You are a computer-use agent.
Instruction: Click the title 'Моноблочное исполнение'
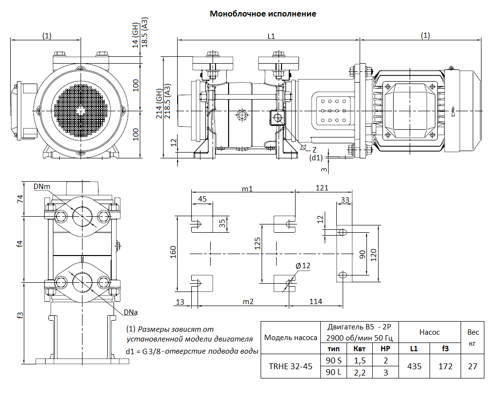pyautogui.click(x=263, y=14)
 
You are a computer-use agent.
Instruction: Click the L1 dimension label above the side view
pyautogui.click(x=271, y=35)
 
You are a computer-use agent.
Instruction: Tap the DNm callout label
pyautogui.click(x=42, y=186)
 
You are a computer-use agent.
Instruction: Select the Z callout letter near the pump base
pyautogui.click(x=314, y=150)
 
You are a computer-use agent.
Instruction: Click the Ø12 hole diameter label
pyautogui.click(x=303, y=266)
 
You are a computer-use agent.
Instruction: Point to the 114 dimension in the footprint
pyautogui.click(x=315, y=302)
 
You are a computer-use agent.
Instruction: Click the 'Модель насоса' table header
pyautogui.click(x=291, y=337)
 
